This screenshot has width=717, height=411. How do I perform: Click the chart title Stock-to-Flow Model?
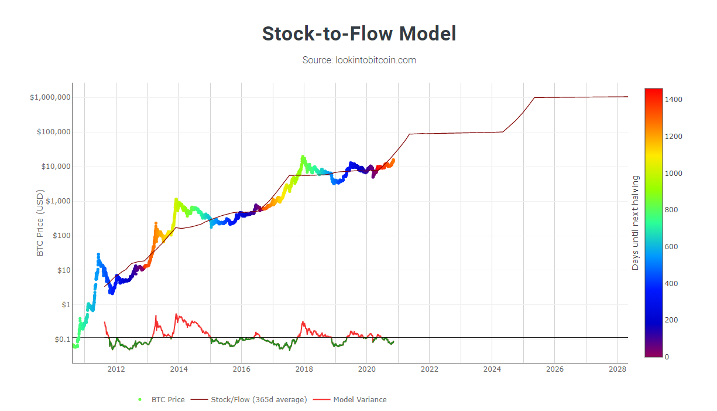pyautogui.click(x=358, y=33)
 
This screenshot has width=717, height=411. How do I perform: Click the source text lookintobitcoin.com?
pyautogui.click(x=359, y=60)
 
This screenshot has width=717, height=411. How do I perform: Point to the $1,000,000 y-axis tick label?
pyautogui.click(x=50, y=97)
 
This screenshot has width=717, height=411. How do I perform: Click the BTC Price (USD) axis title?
pyautogui.click(x=40, y=222)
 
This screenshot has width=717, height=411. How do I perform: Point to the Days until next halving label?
pyautogui.click(x=635, y=223)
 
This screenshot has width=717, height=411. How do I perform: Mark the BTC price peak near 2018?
pyautogui.click(x=303, y=157)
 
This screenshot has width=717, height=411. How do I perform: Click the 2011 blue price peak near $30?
pyautogui.click(x=98, y=254)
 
